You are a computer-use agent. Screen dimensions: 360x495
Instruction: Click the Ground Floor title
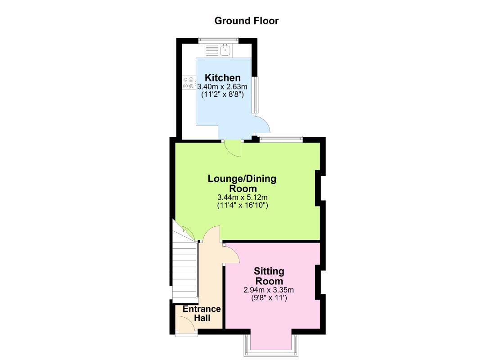[x=247, y=21]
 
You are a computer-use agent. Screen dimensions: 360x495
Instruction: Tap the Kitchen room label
[x=223, y=77]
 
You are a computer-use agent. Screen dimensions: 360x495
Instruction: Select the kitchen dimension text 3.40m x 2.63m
[x=223, y=86]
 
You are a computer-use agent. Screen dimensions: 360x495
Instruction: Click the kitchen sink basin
[x=225, y=50]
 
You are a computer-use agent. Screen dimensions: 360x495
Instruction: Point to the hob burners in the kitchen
[x=188, y=83]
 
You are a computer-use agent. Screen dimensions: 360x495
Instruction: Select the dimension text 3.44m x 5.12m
[x=242, y=197]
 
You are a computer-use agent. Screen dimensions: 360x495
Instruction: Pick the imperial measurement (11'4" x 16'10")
[x=242, y=206]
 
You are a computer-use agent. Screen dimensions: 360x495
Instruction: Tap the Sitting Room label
[x=269, y=276]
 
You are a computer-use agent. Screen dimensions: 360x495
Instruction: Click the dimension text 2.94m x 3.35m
[x=269, y=289]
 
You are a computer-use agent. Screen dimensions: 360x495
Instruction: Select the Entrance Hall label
[x=202, y=313]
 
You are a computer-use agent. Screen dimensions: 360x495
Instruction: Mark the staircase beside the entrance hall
[x=185, y=270]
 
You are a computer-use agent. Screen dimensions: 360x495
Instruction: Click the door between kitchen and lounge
[x=233, y=148]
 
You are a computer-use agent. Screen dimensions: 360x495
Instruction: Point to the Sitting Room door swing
[x=232, y=254]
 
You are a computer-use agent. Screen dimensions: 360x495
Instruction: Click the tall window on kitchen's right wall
[x=255, y=94]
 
